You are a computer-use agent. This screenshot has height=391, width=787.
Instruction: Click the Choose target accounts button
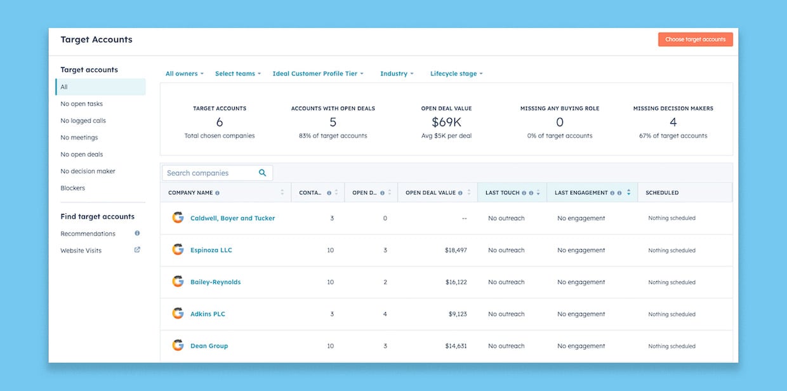(695, 39)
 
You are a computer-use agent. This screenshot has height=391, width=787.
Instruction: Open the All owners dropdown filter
(184, 74)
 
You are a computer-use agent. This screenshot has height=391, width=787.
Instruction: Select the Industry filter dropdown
(396, 74)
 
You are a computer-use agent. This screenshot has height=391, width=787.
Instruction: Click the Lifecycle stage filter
(456, 74)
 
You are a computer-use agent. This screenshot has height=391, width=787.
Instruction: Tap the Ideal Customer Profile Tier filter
(317, 74)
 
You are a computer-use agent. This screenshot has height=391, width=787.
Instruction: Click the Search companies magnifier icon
(263, 173)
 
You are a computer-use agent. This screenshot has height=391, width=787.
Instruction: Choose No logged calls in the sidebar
(83, 121)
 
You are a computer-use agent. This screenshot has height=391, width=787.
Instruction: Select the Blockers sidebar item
(73, 188)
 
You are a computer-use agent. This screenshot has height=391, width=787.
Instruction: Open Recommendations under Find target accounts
(88, 234)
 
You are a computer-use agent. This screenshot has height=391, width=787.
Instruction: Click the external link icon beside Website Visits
(137, 250)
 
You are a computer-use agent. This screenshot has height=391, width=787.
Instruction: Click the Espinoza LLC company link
(211, 250)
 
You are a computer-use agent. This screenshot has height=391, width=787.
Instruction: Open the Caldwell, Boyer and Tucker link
(232, 218)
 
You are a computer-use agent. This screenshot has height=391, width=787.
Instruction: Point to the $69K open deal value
(446, 122)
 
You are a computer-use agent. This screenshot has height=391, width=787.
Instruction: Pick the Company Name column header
(190, 193)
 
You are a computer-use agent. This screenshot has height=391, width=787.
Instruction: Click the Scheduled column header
(662, 193)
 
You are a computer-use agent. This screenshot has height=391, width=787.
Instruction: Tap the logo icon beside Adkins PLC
(178, 314)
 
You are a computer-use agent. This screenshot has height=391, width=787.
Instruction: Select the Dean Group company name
(209, 346)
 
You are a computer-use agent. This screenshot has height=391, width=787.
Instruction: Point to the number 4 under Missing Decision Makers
(673, 122)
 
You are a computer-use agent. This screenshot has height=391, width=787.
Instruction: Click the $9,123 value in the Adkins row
(457, 314)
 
